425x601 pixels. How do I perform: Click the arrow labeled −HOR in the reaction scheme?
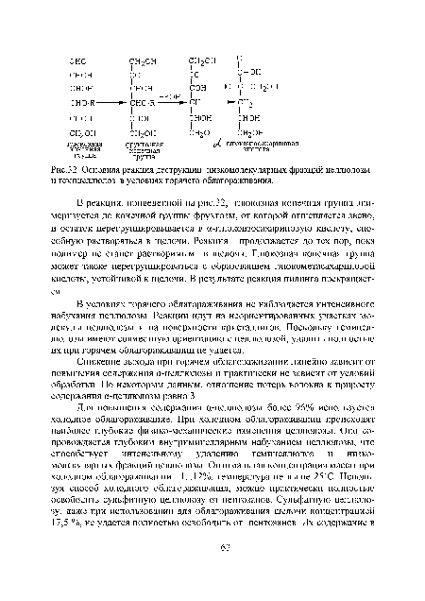point(168,97)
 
